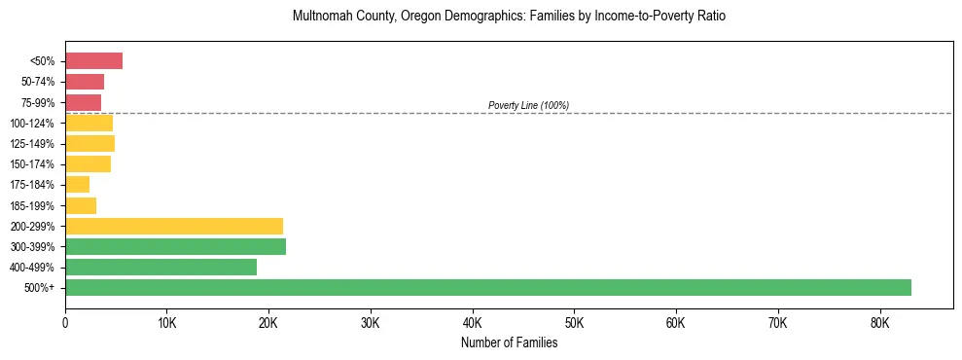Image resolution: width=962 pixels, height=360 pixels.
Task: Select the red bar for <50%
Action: (x=93, y=61)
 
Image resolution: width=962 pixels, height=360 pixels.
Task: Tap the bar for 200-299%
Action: (x=174, y=226)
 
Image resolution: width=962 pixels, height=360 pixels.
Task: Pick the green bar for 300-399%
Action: (x=175, y=246)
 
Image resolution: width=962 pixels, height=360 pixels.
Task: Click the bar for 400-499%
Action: (x=160, y=267)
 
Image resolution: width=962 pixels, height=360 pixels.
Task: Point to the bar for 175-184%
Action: (x=78, y=185)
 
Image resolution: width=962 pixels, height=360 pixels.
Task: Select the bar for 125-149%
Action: (x=89, y=144)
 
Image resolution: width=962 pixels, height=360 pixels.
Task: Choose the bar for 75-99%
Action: (x=83, y=102)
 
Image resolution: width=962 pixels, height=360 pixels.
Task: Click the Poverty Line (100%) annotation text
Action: (x=528, y=105)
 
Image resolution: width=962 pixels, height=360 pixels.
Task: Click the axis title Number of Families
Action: (x=509, y=342)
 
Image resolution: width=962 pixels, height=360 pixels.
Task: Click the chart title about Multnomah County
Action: (x=509, y=17)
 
